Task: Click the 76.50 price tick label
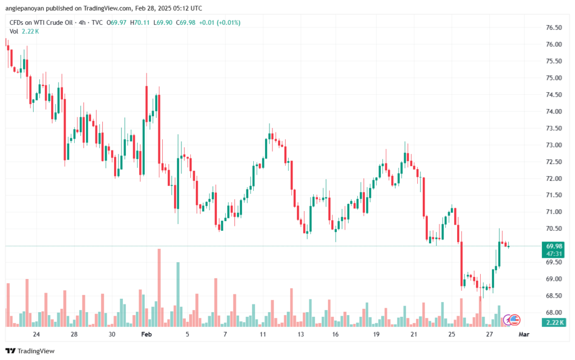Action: click(x=554, y=28)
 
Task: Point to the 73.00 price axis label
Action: click(x=554, y=145)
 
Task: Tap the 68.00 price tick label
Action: click(x=554, y=312)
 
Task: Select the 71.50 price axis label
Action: click(x=554, y=195)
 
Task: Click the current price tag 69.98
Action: click(x=554, y=246)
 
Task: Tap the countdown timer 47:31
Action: click(x=554, y=253)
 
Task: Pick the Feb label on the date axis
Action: click(x=147, y=334)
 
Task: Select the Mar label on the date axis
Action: click(x=523, y=334)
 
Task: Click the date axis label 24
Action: click(x=36, y=334)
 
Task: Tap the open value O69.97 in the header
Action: click(x=117, y=22)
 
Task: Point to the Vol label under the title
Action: click(x=14, y=31)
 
